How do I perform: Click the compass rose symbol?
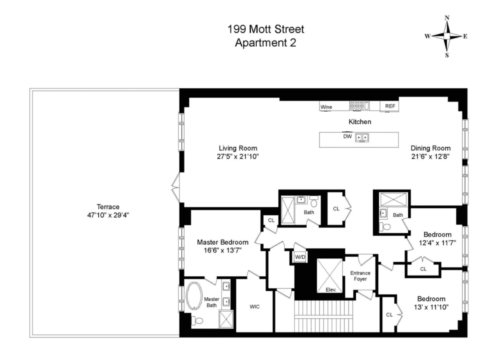click(x=447, y=36)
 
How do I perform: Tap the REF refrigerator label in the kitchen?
click(x=390, y=106)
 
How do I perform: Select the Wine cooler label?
click(x=326, y=107)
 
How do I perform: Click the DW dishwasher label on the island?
click(x=347, y=136)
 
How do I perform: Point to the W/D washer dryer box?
click(x=300, y=257)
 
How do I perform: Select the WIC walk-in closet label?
click(x=255, y=307)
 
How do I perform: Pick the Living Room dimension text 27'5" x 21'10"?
click(x=238, y=156)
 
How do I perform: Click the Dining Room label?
click(x=430, y=148)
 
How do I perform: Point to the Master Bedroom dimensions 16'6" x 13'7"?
click(x=222, y=250)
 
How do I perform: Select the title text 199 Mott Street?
click(x=265, y=30)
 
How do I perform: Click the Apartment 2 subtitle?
click(x=265, y=42)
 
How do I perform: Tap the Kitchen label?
click(x=360, y=122)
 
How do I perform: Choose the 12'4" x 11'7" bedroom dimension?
click(x=437, y=242)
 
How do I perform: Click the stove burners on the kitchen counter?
click(x=359, y=106)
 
